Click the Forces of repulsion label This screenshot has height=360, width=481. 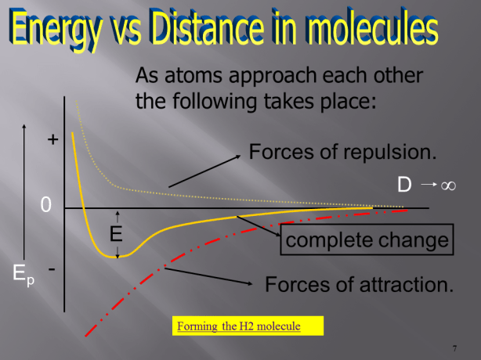[342, 151]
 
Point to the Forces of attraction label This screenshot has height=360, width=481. [360, 283]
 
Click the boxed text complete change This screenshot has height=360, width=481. [367, 239]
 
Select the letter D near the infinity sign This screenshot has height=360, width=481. [404, 185]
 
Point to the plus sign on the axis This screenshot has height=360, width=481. [52, 140]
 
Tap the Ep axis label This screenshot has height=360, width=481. [23, 274]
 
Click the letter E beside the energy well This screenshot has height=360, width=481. [116, 233]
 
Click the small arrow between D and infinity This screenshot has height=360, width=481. [427, 185]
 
